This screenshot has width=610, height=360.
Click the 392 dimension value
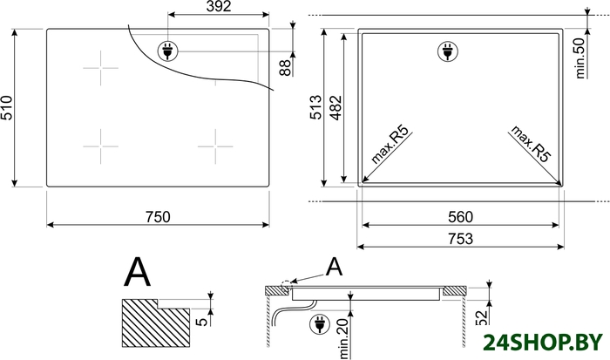click(218, 6)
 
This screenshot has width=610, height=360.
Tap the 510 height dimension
click(7, 108)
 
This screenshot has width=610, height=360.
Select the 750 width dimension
click(158, 217)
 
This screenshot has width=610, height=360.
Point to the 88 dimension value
click(285, 68)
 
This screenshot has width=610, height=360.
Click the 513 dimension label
click(315, 107)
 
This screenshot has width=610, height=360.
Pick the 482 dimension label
click(335, 107)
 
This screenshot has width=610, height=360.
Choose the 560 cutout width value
click(461, 217)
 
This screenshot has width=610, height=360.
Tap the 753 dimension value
click(461, 239)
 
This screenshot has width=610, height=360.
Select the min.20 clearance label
click(344, 338)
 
